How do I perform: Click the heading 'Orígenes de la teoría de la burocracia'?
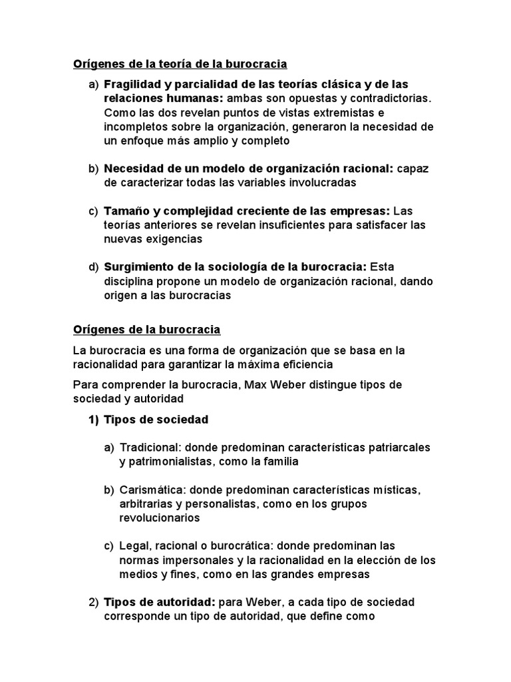(x=180, y=65)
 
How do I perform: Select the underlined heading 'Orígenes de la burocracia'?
(x=146, y=330)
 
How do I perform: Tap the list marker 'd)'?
(x=93, y=268)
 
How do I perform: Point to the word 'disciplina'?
(x=129, y=282)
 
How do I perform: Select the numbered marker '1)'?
(x=93, y=420)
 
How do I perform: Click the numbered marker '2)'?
(x=93, y=603)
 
